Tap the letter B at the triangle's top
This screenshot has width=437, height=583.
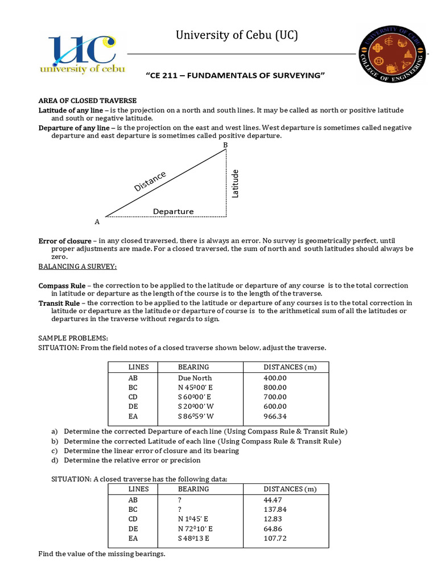[225, 146]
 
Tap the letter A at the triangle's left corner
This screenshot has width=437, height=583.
[97, 221]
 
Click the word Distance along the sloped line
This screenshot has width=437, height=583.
[150, 181]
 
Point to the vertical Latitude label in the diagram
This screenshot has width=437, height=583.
[235, 183]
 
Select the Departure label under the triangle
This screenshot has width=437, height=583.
[173, 211]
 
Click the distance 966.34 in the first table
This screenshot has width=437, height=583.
[275, 416]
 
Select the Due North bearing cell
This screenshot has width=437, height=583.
[195, 378]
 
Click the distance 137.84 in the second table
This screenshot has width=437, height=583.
[275, 509]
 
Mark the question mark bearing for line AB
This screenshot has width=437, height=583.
[180, 499]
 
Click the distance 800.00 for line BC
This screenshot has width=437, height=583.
[275, 387]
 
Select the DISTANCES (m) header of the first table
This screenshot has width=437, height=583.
[290, 367]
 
